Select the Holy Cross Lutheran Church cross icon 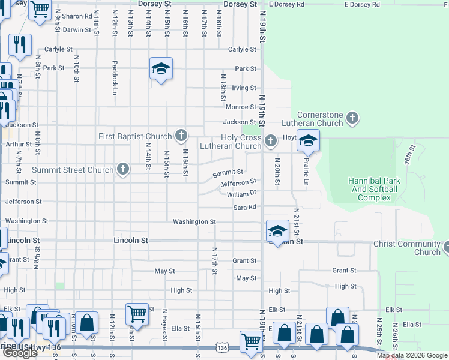(271, 141)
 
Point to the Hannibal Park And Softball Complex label (373, 189)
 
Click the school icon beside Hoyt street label (309, 142)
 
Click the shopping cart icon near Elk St (137, 313)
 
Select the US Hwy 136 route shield (223, 348)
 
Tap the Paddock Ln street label (113, 78)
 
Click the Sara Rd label (245, 208)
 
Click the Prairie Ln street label (306, 172)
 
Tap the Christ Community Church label (407, 248)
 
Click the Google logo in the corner (19, 353)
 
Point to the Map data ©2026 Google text (412, 355)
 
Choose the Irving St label (244, 88)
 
